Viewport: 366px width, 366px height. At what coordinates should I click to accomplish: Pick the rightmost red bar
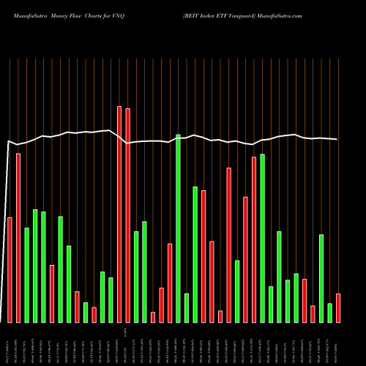click(x=338, y=307)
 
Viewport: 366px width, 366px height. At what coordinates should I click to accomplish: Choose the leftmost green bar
click(x=27, y=274)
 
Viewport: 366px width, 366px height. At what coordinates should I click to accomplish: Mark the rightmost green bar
click(x=330, y=313)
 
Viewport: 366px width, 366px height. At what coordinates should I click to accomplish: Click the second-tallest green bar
click(x=262, y=238)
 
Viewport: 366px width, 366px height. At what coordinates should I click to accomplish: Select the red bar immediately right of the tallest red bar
click(x=127, y=215)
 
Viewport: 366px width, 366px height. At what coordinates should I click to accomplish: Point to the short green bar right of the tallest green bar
click(x=187, y=307)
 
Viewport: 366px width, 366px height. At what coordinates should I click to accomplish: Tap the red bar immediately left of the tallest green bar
click(x=170, y=283)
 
